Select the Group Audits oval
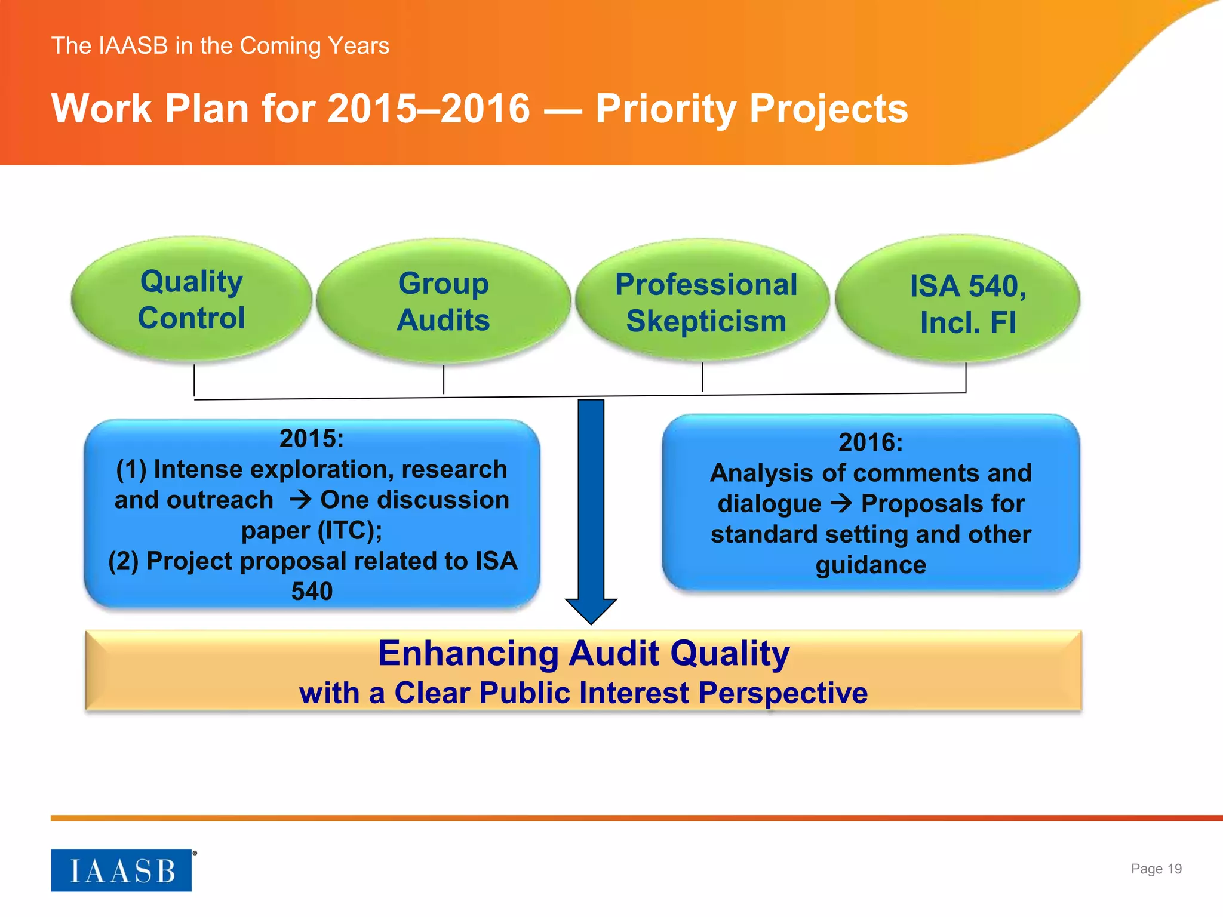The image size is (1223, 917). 443,301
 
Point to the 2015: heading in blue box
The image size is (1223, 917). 312,439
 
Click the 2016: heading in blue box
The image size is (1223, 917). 871,442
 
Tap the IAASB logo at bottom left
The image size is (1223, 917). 122,870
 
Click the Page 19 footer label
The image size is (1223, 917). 1156,869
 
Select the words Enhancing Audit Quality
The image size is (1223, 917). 583,653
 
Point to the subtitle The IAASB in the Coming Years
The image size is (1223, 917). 220,46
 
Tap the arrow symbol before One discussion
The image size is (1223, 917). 300,500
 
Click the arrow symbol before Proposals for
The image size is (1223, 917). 841,503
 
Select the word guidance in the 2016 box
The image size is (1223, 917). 871,565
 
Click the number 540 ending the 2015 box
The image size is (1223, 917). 312,591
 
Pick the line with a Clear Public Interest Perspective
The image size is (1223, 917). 583,693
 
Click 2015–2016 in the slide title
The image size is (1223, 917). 429,109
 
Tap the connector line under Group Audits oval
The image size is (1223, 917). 444,380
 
